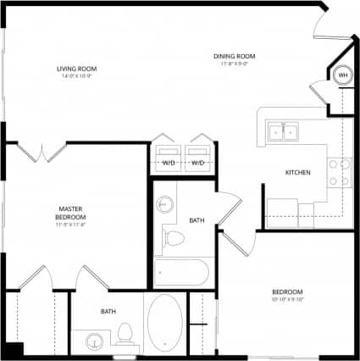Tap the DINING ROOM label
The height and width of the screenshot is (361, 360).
tap(234, 57)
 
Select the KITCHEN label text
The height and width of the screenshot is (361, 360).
tap(297, 173)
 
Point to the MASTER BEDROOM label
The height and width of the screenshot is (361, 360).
tap(71, 212)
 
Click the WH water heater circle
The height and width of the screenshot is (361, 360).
tap(343, 75)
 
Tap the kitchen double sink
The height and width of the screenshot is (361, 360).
tap(281, 131)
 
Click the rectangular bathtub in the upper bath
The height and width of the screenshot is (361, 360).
tap(181, 273)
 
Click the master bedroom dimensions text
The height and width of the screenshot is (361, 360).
tap(71, 225)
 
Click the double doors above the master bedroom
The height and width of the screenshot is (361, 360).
tap(41, 153)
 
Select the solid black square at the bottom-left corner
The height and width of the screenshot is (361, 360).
tap(11, 351)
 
